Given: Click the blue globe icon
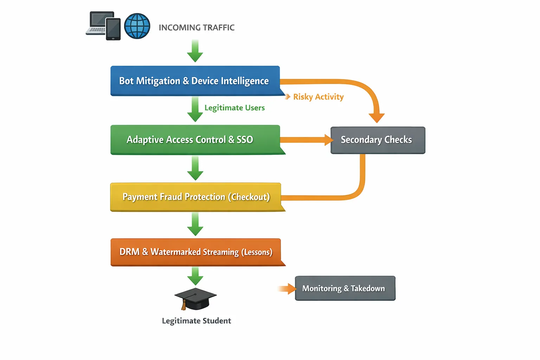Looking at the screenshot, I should coord(137,26).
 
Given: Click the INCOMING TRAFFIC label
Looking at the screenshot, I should coord(197,27).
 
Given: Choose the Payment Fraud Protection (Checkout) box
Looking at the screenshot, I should coord(195,197).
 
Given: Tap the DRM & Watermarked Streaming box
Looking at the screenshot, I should coord(195,252).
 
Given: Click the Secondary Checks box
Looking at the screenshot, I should coord(378,140).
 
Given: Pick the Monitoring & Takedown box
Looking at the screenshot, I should coord(345,288).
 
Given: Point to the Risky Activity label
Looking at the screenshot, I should coord(318,97).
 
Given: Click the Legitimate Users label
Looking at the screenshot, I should coord(234,108).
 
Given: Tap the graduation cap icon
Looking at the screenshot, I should coord(195,299).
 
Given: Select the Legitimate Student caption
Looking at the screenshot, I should coord(196,321).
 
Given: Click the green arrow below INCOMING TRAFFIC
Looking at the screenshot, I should coord(195,51).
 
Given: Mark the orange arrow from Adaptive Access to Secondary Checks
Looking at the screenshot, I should coord(306,140).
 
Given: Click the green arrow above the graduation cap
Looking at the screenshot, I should coord(195,276).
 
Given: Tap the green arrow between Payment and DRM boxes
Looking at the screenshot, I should coord(195,224).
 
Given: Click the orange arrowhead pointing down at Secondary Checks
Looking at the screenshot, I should coord(377,117).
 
